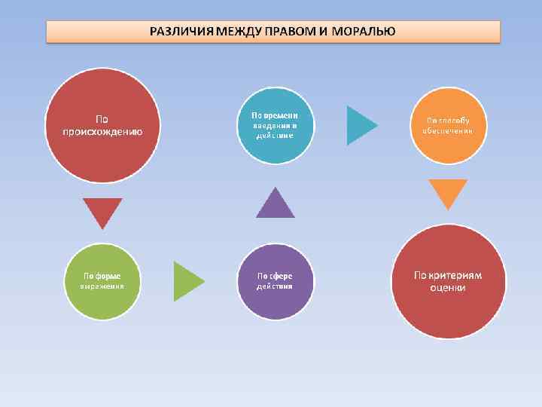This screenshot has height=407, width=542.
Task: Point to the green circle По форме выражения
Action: click(102, 281)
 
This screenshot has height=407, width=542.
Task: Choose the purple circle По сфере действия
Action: click(275, 281)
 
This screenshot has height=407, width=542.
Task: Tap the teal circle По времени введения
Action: click(275, 125)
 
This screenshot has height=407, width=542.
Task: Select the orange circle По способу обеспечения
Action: click(449, 125)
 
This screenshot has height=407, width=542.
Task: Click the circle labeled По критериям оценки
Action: click(449, 281)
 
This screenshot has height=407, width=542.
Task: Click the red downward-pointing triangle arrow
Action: click(102, 210)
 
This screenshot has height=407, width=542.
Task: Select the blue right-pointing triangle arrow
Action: click(360, 125)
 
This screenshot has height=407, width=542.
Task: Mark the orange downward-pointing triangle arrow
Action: click(448, 191)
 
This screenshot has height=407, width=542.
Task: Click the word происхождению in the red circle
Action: click(103, 130)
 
